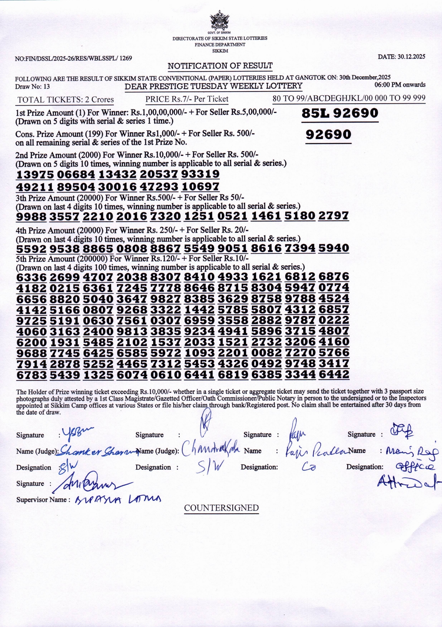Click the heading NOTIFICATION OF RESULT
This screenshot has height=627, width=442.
[x=220, y=66]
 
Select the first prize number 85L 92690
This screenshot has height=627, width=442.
[x=340, y=113]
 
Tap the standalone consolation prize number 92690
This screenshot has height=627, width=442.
[x=328, y=135]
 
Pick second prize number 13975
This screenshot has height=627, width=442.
[x=35, y=174]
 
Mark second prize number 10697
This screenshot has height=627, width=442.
[x=200, y=187]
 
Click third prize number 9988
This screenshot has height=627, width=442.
[x=31, y=216]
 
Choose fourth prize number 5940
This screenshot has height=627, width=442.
[x=334, y=248]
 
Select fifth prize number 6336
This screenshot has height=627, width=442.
[x=31, y=277]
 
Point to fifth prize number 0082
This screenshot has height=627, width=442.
[x=266, y=353]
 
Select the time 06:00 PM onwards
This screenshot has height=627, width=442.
[x=400, y=85]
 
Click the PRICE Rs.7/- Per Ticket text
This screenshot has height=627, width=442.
[x=186, y=99]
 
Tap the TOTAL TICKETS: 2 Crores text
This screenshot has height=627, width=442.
[x=65, y=100]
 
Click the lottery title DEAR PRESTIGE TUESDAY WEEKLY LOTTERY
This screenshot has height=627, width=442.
[x=213, y=86]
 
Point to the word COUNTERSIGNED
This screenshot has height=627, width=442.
[x=221, y=508]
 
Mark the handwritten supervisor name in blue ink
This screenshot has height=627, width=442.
[x=118, y=499]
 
